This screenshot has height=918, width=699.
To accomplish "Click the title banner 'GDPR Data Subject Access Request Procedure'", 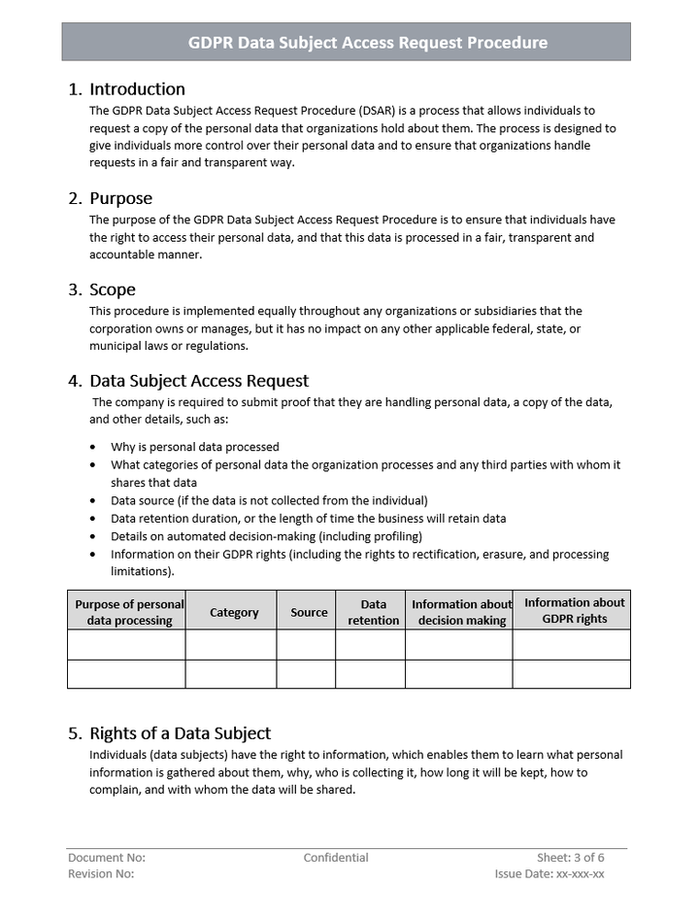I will (367, 43).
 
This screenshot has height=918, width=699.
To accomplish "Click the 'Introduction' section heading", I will (137, 89).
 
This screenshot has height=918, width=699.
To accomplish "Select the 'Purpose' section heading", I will (120, 199).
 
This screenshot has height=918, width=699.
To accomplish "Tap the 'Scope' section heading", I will (113, 289).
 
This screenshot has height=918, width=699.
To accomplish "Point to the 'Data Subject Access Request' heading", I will (199, 381).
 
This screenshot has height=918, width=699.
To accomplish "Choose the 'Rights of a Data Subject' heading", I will (180, 733).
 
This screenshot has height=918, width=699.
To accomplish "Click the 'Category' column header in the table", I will (234, 612).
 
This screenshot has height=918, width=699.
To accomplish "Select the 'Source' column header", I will (309, 612).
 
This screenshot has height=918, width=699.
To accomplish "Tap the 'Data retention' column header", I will (373, 612).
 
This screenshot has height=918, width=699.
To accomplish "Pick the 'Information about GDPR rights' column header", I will (574, 611).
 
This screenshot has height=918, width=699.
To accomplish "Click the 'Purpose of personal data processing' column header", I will (129, 612).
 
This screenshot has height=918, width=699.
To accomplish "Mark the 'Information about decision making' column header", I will (461, 612).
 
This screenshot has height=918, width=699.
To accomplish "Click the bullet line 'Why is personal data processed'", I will (195, 447).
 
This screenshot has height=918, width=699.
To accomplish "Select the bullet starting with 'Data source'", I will (269, 500).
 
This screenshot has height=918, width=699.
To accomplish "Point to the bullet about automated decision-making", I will (266, 536).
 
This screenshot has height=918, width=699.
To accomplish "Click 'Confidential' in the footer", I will (336, 858).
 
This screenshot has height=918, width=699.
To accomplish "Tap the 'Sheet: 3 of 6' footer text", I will (570, 858).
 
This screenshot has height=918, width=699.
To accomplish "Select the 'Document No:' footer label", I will (107, 858).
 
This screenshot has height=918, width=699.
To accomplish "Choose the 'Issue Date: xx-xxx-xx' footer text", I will (549, 874).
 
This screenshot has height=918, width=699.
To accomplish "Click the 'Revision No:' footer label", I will (101, 874).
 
